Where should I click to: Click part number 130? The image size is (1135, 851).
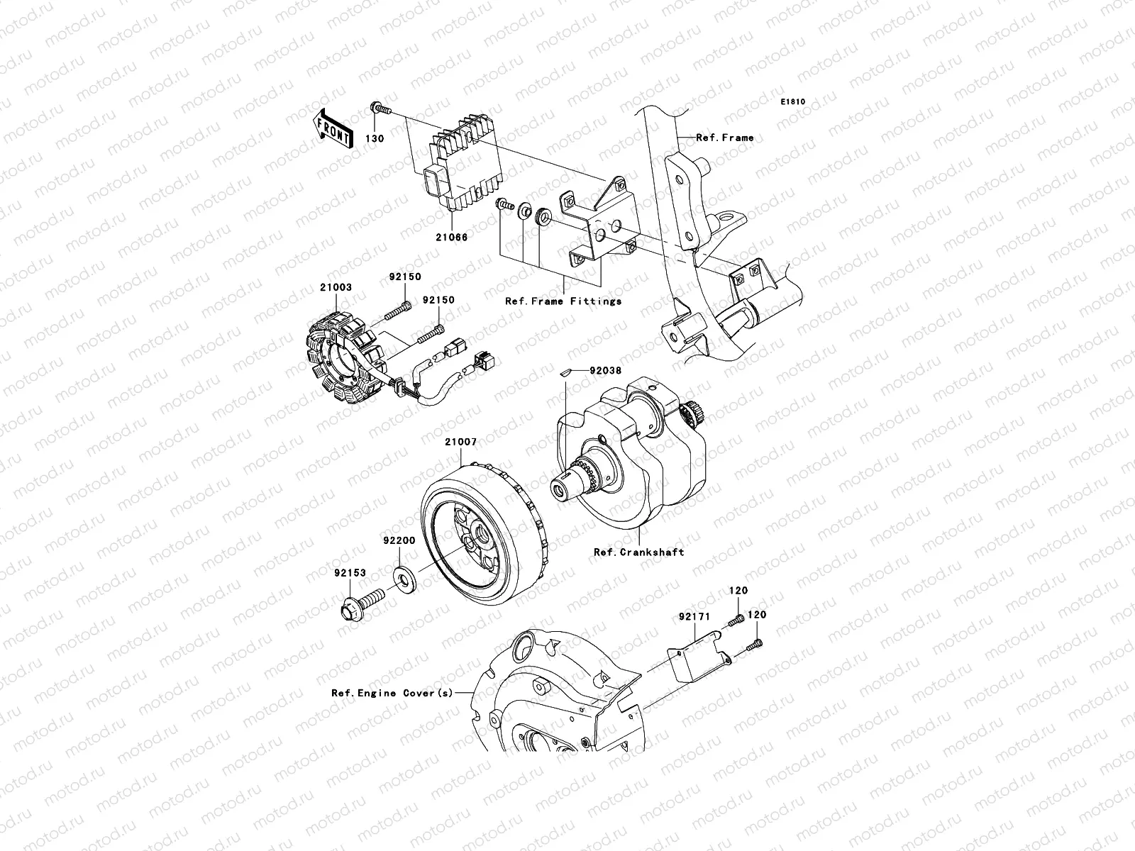click(375, 138)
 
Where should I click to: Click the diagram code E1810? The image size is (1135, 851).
click(793, 102)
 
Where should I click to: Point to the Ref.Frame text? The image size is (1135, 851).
click(724, 138)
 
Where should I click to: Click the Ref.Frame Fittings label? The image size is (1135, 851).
click(563, 301)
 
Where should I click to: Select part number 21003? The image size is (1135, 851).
click(336, 288)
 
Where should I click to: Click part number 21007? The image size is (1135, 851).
click(461, 442)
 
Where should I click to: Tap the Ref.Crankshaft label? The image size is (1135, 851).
click(639, 551)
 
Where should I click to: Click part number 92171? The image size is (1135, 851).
click(694, 618)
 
